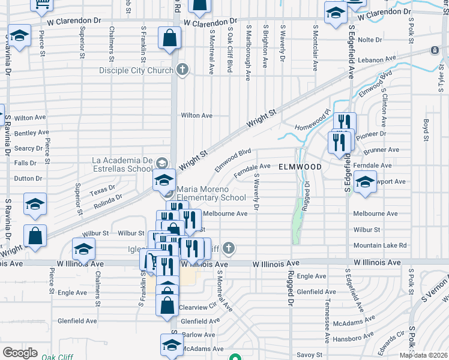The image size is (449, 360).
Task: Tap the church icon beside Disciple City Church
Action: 184,70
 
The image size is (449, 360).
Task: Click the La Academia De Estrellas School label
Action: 122,164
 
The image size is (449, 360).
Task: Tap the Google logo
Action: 20,353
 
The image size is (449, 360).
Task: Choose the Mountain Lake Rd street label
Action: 380,245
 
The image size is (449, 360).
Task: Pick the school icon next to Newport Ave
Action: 364,183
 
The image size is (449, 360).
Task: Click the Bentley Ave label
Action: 31,133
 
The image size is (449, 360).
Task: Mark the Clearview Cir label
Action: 197,307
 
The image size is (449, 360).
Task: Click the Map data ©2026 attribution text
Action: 423,355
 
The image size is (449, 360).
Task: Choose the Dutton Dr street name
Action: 28,178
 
